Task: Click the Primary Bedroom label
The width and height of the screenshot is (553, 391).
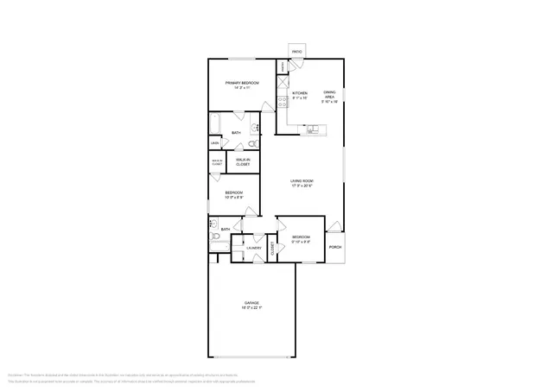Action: [x=242, y=83]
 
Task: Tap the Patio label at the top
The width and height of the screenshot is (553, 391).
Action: [x=296, y=53]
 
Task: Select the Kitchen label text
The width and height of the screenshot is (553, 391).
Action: [x=300, y=92]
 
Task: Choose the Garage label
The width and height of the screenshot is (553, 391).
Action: [x=251, y=302]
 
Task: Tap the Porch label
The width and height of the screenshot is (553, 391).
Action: [x=335, y=247]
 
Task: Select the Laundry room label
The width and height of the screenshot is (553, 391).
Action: [x=253, y=249]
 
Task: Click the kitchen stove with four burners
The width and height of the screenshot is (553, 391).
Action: [x=282, y=100]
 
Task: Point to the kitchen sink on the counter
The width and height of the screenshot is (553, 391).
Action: [x=312, y=130]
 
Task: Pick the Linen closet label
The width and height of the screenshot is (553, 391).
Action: [x=214, y=143]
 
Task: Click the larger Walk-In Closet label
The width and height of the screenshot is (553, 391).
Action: [x=243, y=161]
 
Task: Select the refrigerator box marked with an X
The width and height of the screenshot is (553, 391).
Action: [x=282, y=84]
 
